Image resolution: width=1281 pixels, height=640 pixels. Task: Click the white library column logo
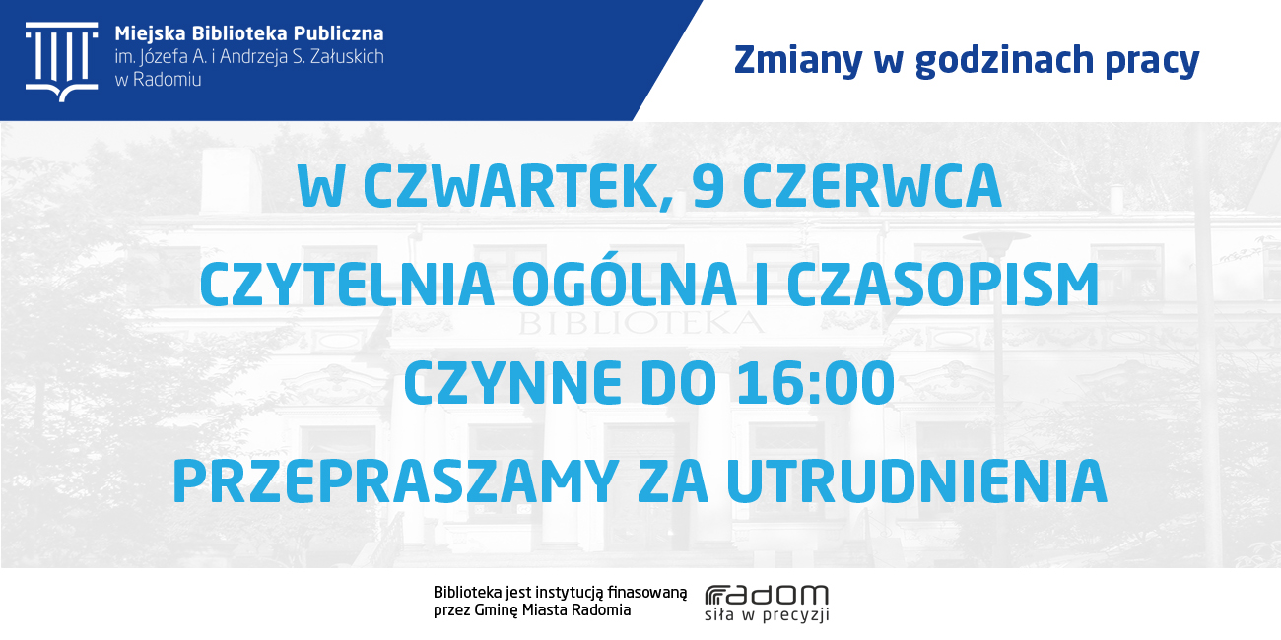point(62,62)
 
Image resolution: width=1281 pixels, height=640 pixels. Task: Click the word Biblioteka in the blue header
point(239,33)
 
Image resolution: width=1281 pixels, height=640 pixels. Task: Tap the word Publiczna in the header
point(339,33)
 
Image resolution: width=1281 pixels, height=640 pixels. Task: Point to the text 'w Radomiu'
point(158,79)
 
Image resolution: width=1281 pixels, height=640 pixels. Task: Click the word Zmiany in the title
point(798,61)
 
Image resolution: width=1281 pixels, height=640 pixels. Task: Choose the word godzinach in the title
point(1004,61)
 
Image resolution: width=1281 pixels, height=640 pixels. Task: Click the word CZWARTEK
point(518,188)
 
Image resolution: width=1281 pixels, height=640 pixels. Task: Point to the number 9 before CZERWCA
point(708,186)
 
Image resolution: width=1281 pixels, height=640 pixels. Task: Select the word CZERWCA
point(872,186)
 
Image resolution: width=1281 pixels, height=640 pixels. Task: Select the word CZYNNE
point(512,383)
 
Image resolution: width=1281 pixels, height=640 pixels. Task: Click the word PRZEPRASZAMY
point(395,481)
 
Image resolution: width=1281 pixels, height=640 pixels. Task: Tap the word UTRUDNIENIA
point(917,481)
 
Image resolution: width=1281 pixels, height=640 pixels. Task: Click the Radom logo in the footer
point(767,604)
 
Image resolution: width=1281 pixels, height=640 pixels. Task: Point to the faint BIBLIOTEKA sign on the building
point(640,324)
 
